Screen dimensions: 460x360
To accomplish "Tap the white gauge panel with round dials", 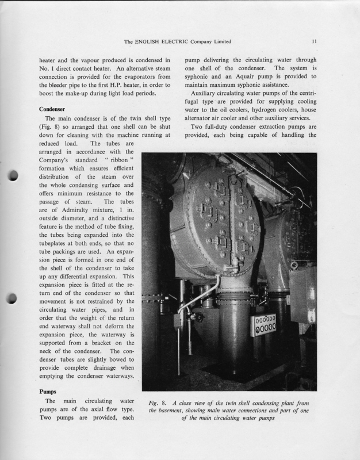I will pyautogui.click(x=265, y=325).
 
